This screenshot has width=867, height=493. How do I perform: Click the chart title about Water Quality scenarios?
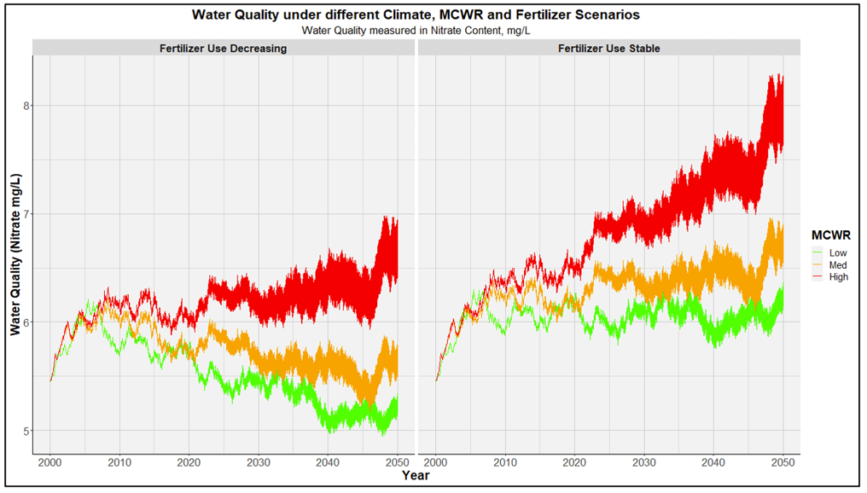[416, 14]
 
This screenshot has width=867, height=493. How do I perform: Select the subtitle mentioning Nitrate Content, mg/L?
[416, 30]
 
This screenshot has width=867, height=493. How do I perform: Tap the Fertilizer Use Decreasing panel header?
[223, 49]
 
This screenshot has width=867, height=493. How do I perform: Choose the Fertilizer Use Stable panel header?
[608, 49]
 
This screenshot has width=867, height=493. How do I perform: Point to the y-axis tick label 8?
[26, 106]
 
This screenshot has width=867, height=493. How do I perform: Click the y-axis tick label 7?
[26, 214]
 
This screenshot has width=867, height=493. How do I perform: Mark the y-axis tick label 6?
[26, 322]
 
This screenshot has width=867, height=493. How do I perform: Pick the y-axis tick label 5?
[26, 431]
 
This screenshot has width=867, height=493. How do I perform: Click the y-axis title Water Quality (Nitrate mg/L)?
[15, 254]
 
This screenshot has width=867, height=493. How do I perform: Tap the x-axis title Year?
[416, 475]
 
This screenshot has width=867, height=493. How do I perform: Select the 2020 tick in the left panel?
[189, 462]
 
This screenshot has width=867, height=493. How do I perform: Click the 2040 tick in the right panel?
[713, 462]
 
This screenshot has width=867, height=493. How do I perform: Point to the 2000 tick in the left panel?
[50, 462]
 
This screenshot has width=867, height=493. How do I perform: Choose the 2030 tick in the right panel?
[643, 462]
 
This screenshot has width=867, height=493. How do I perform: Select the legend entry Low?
[838, 252]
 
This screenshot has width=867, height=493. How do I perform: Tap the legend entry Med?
[838, 264]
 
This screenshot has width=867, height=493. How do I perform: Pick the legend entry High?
[838, 276]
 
